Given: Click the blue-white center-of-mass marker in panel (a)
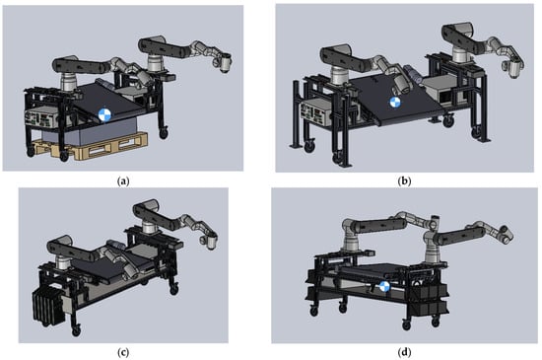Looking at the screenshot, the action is tap(104, 114).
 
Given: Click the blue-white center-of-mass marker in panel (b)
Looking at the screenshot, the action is tap(395, 103).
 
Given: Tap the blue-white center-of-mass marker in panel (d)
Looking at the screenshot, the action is tap(384, 287).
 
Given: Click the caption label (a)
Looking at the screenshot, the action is tap(123, 180).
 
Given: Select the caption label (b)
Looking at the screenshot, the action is tap(404, 180).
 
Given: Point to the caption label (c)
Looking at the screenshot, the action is tap(123, 352).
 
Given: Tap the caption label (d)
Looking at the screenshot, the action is tap(404, 352).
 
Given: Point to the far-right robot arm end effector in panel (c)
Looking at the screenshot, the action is tap(208, 242).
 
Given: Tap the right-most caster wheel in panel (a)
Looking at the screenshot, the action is tap(164, 133).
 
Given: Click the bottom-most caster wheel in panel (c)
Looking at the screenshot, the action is tap(76, 331).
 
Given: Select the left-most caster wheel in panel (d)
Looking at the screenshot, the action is tap(313, 312).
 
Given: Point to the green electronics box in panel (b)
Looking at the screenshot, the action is tap(314, 113).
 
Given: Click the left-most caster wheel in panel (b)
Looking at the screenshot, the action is tap(309, 146).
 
